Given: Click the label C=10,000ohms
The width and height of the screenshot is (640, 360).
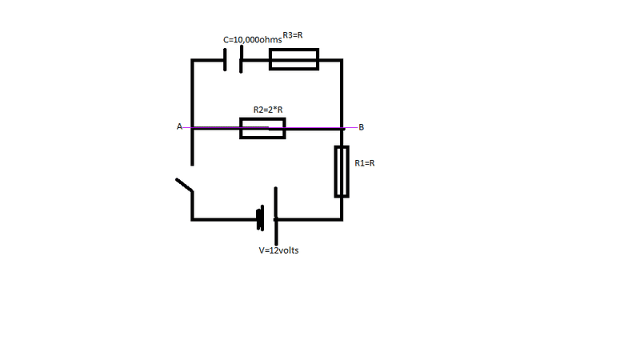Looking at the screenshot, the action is (252, 39).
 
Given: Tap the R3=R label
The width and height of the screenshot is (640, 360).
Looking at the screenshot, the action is (293, 35).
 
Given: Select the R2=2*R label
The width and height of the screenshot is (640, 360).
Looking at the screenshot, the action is (268, 110).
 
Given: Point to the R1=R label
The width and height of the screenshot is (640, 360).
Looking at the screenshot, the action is (365, 163).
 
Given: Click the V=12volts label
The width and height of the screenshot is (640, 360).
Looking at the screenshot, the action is (278, 250).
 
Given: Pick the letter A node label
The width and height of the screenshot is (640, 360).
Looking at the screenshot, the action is (179, 126).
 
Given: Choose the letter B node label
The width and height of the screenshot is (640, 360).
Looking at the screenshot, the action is (362, 127).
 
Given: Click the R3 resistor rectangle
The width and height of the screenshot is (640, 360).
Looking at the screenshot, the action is (294, 50).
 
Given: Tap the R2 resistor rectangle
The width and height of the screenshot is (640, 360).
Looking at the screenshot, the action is (262, 119).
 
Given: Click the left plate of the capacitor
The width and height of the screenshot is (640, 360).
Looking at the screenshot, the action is (225, 59).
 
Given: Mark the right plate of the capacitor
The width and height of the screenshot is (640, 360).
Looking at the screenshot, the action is (242, 59).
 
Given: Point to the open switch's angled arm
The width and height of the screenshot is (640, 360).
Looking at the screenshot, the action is (184, 185).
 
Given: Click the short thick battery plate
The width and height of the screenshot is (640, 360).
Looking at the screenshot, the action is (260, 218).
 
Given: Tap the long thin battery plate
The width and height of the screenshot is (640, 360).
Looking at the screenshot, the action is (276, 216).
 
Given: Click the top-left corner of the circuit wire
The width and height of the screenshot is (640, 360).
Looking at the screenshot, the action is (192, 61).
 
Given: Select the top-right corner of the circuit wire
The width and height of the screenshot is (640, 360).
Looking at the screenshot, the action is (342, 61).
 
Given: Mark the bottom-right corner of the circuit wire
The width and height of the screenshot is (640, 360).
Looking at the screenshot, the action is (342, 219).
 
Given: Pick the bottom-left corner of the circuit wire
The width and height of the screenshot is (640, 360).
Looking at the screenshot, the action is (192, 219).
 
